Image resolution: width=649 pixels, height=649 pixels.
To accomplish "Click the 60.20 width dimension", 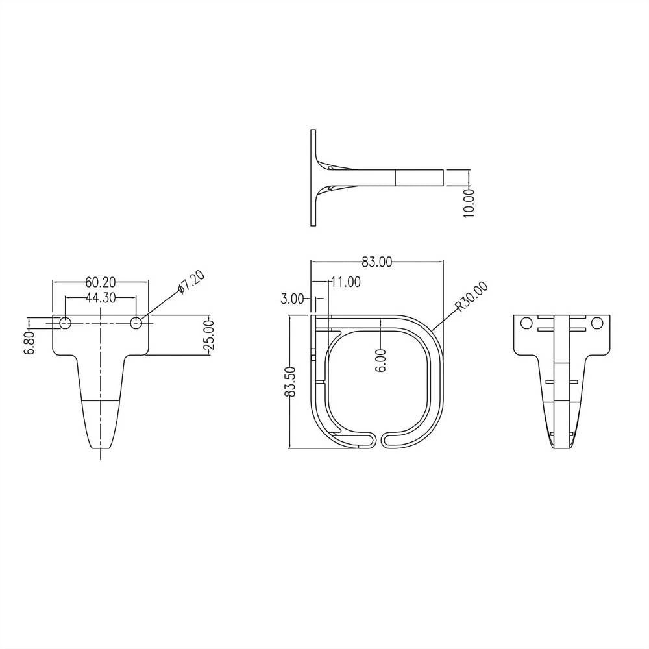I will pyautogui.click(x=100, y=282).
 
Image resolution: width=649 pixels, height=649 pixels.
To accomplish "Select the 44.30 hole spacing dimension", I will pyautogui.click(x=100, y=298).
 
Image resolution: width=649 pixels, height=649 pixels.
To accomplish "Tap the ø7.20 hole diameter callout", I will pyautogui.click(x=191, y=284).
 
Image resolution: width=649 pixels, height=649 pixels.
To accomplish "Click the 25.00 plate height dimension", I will pyautogui.click(x=208, y=335).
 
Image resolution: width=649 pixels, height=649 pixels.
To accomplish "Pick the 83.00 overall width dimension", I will pyautogui.click(x=377, y=262).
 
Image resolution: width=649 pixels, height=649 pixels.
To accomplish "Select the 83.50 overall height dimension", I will pyautogui.click(x=290, y=382).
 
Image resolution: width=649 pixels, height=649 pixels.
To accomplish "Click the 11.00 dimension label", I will pyautogui.click(x=345, y=282).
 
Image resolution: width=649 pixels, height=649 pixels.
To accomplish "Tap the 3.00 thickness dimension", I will pyautogui.click(x=292, y=299).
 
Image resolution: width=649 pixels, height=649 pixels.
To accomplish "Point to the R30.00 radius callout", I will pyautogui.click(x=472, y=297).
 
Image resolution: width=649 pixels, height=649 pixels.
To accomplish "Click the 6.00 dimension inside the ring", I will pyautogui.click(x=380, y=360).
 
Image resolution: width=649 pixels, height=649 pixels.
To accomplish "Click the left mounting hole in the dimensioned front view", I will pyautogui.click(x=65, y=323).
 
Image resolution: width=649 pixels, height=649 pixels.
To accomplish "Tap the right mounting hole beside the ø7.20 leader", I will pyautogui.click(x=136, y=323).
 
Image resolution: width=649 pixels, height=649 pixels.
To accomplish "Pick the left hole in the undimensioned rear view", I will pyautogui.click(x=526, y=323).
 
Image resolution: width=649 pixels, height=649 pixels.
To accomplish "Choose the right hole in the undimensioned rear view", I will pyautogui.click(x=597, y=323).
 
